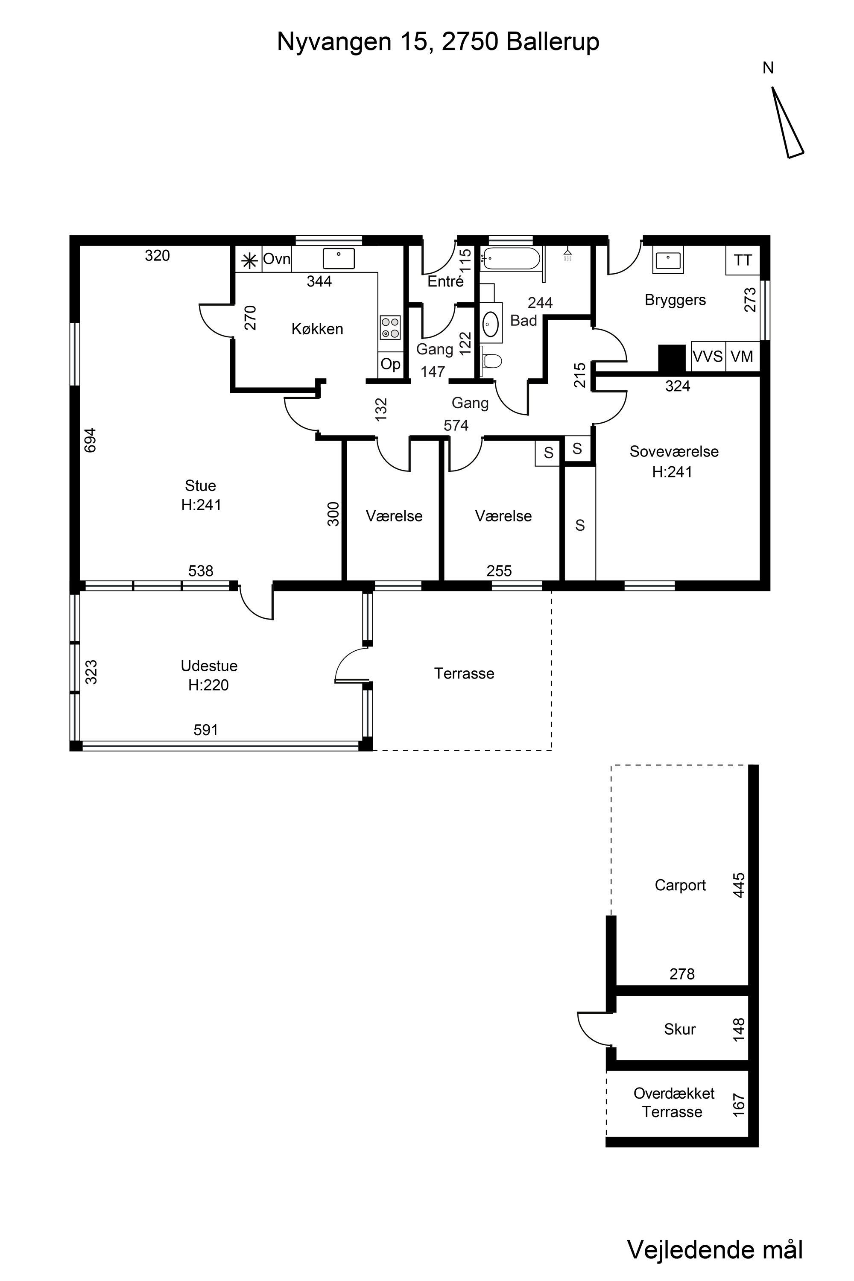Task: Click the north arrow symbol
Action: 787,123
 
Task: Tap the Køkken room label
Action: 318,329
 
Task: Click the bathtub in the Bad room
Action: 511,259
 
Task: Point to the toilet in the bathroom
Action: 491,360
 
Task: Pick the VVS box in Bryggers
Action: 708,356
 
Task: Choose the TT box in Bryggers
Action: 743,260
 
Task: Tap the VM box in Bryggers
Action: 743,356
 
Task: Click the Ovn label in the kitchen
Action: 277,259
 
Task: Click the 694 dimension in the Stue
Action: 91,440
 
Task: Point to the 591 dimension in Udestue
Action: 206,730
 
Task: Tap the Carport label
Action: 680,886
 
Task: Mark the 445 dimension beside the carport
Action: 739,885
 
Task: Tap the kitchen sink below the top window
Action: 339,258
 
